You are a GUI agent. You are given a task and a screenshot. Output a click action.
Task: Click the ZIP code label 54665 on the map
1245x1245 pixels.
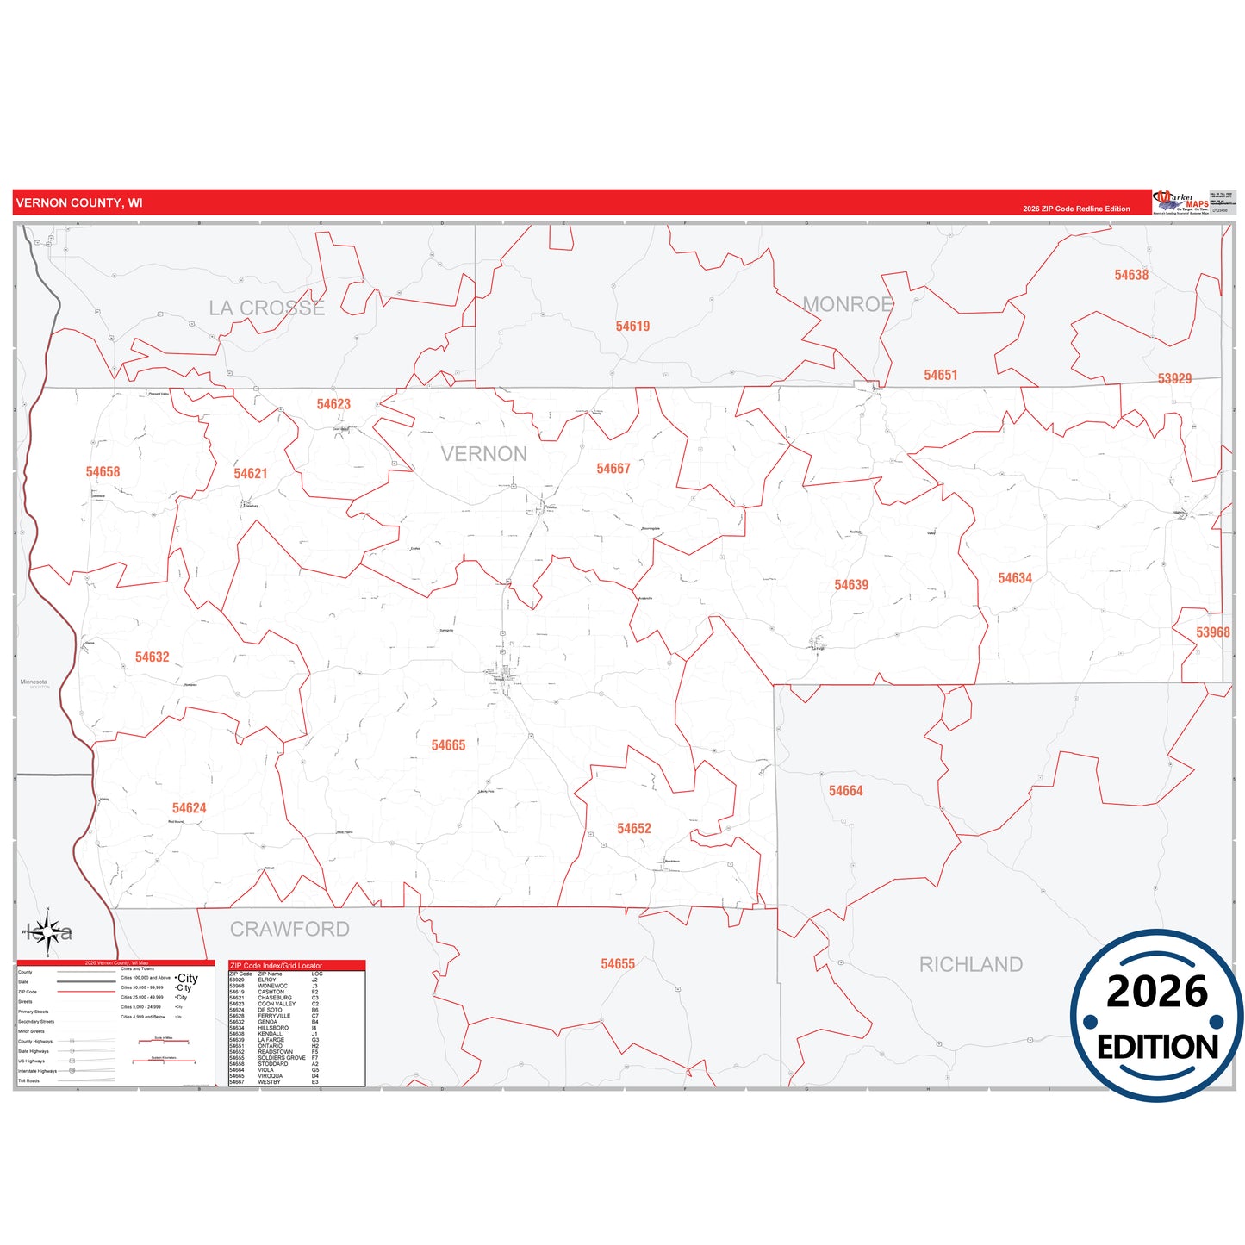[x=448, y=745]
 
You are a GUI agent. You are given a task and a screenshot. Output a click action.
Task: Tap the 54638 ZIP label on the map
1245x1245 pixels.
[x=1131, y=275]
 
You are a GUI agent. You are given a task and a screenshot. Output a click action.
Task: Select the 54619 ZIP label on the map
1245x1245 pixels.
[x=632, y=327]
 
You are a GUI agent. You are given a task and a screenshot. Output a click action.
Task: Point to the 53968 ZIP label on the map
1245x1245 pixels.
[x=1212, y=632]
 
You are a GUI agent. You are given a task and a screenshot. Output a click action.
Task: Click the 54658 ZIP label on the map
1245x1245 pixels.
[x=103, y=472]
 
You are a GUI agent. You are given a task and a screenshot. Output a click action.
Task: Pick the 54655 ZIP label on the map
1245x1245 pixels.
[x=618, y=964]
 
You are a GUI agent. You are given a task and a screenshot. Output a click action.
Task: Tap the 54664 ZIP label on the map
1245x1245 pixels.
[x=845, y=791]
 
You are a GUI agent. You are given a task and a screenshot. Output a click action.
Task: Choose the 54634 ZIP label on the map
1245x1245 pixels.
[x=1015, y=578]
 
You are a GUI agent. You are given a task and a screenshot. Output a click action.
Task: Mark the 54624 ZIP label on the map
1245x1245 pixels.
[x=189, y=808]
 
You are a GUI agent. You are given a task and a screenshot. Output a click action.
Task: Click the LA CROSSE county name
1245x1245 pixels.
[x=267, y=308]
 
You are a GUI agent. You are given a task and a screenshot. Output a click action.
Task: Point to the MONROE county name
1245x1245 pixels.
[x=847, y=304]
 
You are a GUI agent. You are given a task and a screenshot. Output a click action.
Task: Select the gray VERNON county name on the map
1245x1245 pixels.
[x=483, y=454]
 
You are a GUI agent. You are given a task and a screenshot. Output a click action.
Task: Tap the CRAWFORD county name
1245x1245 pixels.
[x=289, y=929]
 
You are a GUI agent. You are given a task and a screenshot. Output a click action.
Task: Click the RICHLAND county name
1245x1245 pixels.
[x=971, y=965]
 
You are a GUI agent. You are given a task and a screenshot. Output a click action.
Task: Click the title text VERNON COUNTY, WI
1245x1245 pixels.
[x=79, y=203]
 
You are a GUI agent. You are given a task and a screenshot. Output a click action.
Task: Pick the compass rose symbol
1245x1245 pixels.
[x=48, y=931]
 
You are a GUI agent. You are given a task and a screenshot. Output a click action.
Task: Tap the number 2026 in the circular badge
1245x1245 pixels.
[x=1157, y=992]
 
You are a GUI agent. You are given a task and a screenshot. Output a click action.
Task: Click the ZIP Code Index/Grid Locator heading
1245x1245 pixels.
[x=276, y=966]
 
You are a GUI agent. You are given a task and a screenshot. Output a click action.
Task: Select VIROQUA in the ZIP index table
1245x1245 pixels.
[x=270, y=1076]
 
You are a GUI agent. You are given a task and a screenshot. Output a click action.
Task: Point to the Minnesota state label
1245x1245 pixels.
[x=34, y=682]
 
